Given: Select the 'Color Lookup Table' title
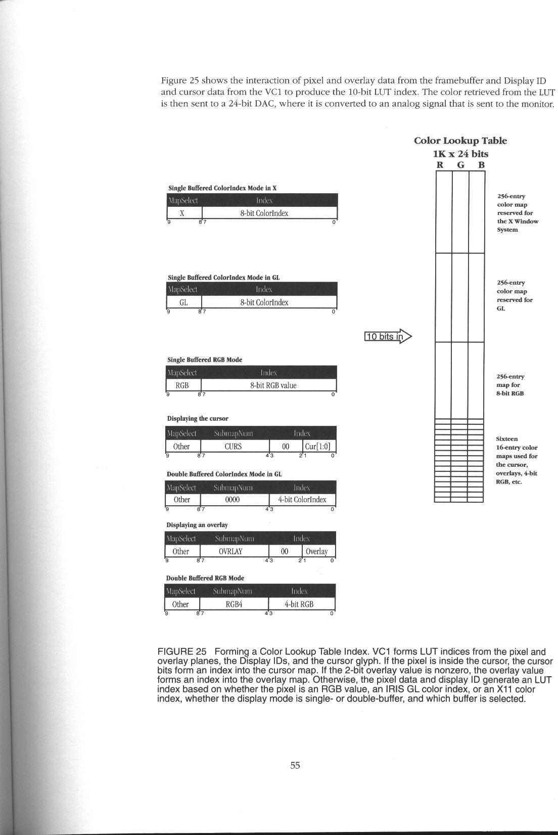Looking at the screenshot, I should pyautogui.click(x=460, y=141).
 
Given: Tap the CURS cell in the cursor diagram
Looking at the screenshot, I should pyautogui.click(x=233, y=447).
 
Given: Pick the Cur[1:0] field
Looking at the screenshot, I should pyautogui.click(x=319, y=447).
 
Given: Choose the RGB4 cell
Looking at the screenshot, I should pyautogui.click(x=232, y=604).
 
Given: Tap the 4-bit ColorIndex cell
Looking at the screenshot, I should pyautogui.click(x=302, y=499).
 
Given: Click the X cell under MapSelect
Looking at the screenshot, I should pyautogui.click(x=182, y=213).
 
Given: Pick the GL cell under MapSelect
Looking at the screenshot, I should pyautogui.click(x=183, y=302).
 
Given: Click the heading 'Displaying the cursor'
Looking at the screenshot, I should pyautogui.click(x=198, y=419).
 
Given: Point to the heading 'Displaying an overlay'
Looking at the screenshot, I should pyautogui.click(x=197, y=525).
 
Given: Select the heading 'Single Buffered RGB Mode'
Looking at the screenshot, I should pyautogui.click(x=205, y=360).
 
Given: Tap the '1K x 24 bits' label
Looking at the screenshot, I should pyautogui.click(x=460, y=154).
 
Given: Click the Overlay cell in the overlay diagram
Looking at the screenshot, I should pyautogui.click(x=317, y=551).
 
